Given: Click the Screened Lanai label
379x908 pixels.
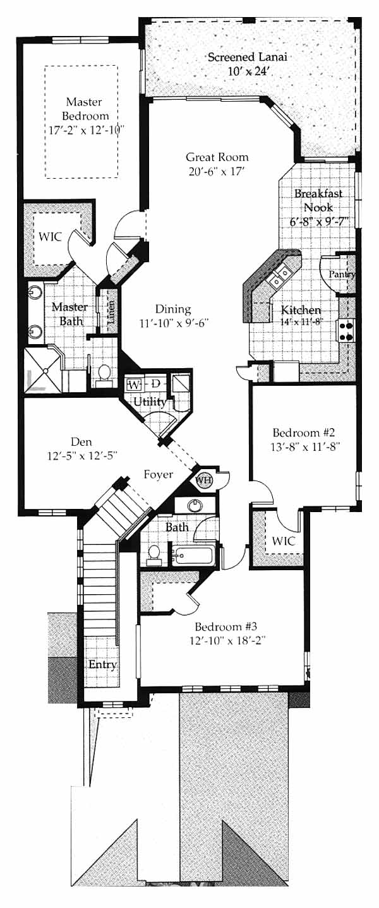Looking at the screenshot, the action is pyautogui.click(x=247, y=57).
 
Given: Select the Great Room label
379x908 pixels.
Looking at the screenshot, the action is pyautogui.click(x=217, y=157).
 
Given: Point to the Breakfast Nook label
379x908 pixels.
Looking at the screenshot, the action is pyautogui.click(x=318, y=200).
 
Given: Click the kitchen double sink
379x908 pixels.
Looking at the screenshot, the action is pyautogui.click(x=280, y=276).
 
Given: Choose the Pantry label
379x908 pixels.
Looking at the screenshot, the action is pyautogui.click(x=342, y=275).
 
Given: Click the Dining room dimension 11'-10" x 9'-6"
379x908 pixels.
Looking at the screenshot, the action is pyautogui.click(x=174, y=323).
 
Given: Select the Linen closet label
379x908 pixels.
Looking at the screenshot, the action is pyautogui.click(x=111, y=313).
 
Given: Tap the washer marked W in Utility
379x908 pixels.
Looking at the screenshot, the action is pyautogui.click(x=134, y=384).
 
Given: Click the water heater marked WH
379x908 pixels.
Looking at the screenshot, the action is pyautogui.click(x=203, y=480).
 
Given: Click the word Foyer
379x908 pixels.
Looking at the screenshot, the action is pyautogui.click(x=159, y=475).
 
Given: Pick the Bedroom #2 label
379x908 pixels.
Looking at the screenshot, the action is pyautogui.click(x=303, y=432).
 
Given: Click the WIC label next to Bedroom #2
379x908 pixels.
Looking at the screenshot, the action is pyautogui.click(x=284, y=541).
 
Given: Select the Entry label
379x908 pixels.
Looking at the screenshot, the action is pyautogui.click(x=102, y=665).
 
